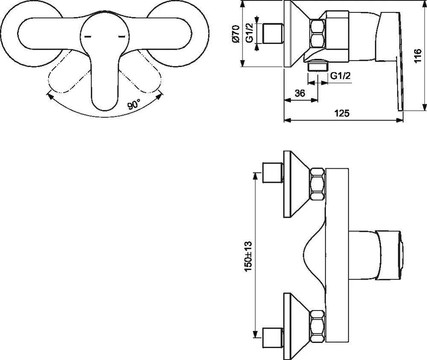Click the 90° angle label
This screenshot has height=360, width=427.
tap(134, 104)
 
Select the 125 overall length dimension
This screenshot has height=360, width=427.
tap(342, 113)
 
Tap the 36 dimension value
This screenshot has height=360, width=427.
tap(300, 93)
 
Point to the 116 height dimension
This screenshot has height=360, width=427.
tap(418, 56)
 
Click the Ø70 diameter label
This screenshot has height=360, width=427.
tap(236, 33)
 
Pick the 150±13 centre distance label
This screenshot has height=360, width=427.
tap(249, 256)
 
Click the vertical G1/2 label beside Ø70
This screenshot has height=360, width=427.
tap(250, 33)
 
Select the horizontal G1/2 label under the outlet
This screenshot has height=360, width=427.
tap(340, 76)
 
